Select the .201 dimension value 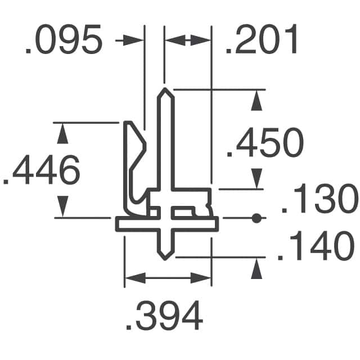pos(262,42)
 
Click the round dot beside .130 pos(256,218)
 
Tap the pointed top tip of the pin pos(165,91)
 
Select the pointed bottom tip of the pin pos(165,258)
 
